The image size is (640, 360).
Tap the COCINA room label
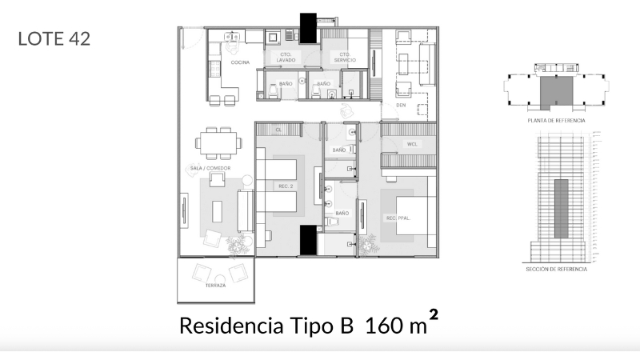239,62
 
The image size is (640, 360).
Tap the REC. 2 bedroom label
286,186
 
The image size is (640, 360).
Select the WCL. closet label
413,145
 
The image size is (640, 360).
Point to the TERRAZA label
214,286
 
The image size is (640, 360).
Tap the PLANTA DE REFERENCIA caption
557,120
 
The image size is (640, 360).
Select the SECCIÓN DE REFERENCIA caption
557,270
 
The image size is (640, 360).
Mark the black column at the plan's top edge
307,22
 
